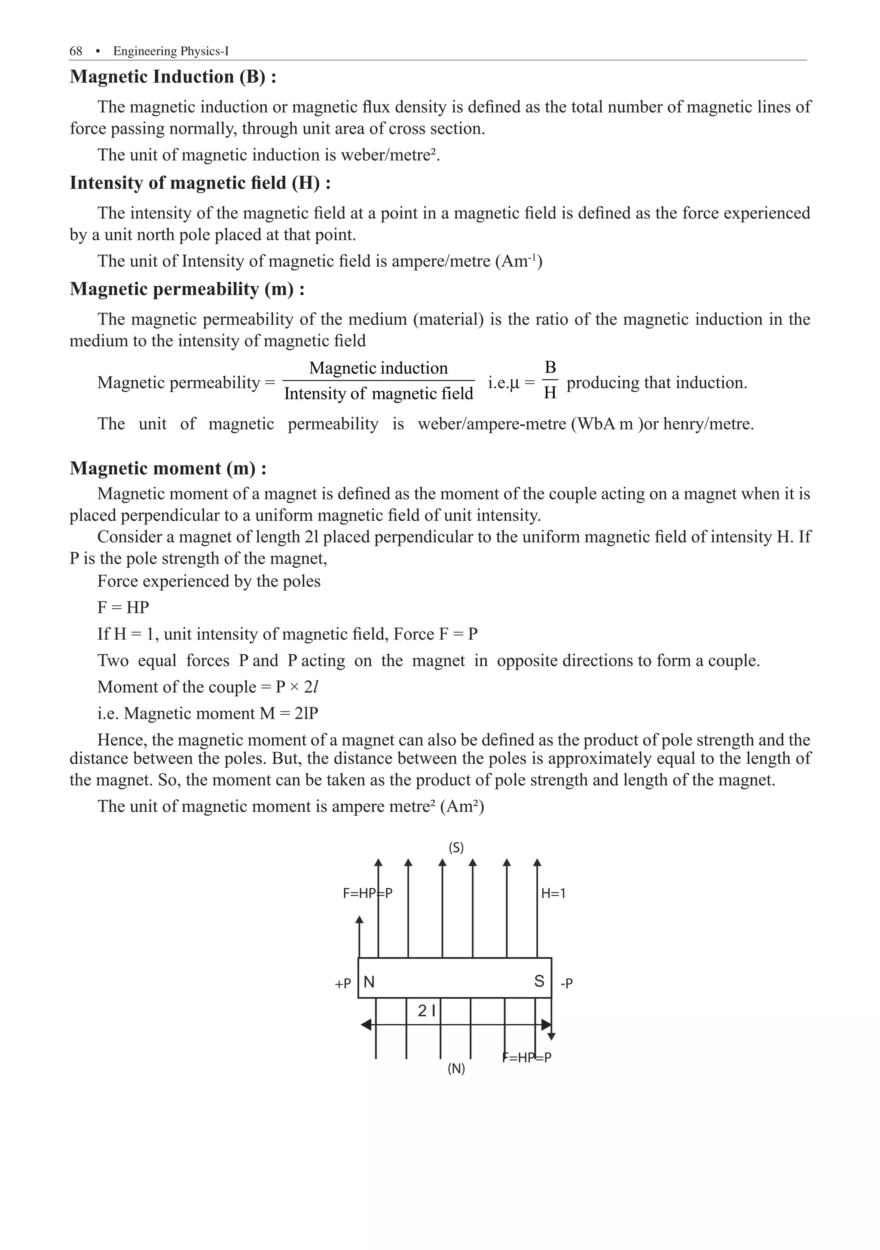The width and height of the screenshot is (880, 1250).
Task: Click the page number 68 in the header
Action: pyautogui.click(x=76, y=51)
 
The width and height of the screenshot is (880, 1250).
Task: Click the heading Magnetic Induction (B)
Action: pyautogui.click(x=173, y=77)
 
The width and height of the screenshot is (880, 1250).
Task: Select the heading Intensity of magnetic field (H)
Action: pyautogui.click(x=200, y=183)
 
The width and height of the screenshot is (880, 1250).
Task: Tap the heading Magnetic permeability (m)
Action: pyautogui.click(x=187, y=289)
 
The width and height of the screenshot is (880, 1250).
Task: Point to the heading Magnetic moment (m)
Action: pyautogui.click(x=168, y=468)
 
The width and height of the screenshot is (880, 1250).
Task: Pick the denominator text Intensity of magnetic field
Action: pyautogui.click(x=379, y=393)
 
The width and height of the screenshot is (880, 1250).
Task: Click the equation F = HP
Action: pyautogui.click(x=123, y=607)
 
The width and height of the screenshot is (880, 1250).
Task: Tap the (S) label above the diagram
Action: pyautogui.click(x=456, y=848)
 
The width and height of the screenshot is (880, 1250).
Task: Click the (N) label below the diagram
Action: pyautogui.click(x=456, y=1068)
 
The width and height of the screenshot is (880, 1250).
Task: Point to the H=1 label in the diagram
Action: pyautogui.click(x=553, y=893)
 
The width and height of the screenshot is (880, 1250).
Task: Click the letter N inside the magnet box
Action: pyautogui.click(x=369, y=982)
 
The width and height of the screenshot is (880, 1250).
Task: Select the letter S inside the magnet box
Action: pyautogui.click(x=539, y=981)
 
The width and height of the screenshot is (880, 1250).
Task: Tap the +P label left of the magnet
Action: pyautogui.click(x=342, y=984)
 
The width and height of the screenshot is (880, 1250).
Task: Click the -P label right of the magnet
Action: pyautogui.click(x=566, y=983)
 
